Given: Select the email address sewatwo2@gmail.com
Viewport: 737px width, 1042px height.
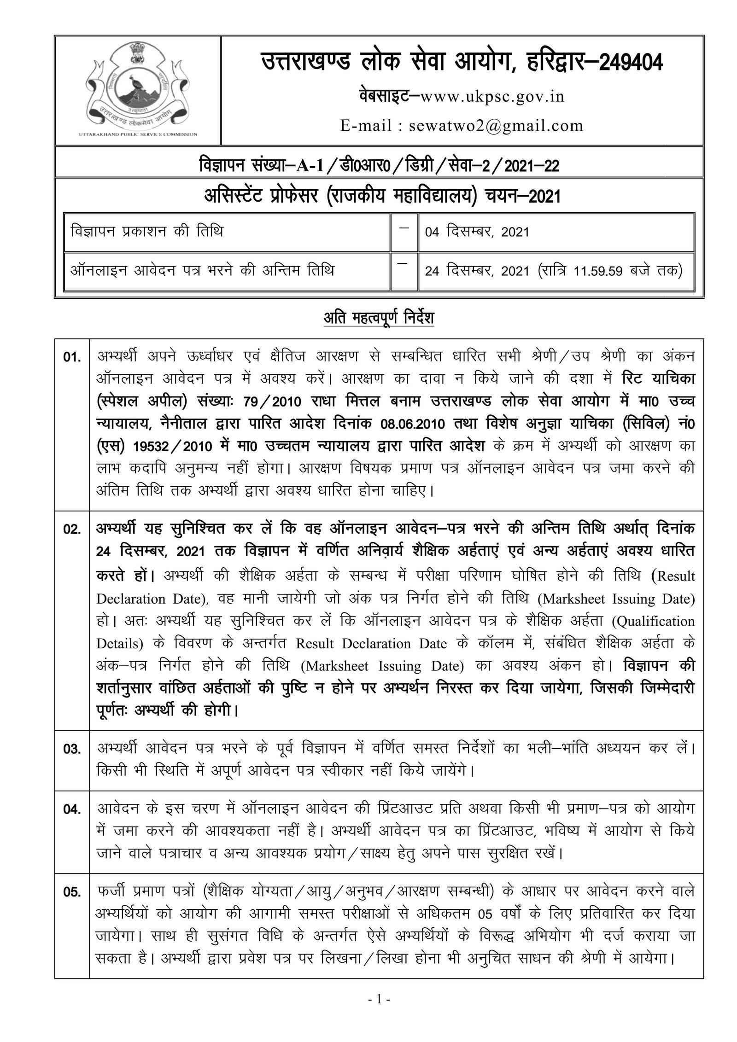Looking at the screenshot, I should click(x=496, y=125).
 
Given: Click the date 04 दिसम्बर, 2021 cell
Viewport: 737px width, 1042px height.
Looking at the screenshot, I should click(x=477, y=232).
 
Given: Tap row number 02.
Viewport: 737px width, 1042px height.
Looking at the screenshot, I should click(x=72, y=530).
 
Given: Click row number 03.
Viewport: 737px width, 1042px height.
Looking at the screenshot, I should click(x=72, y=749).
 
